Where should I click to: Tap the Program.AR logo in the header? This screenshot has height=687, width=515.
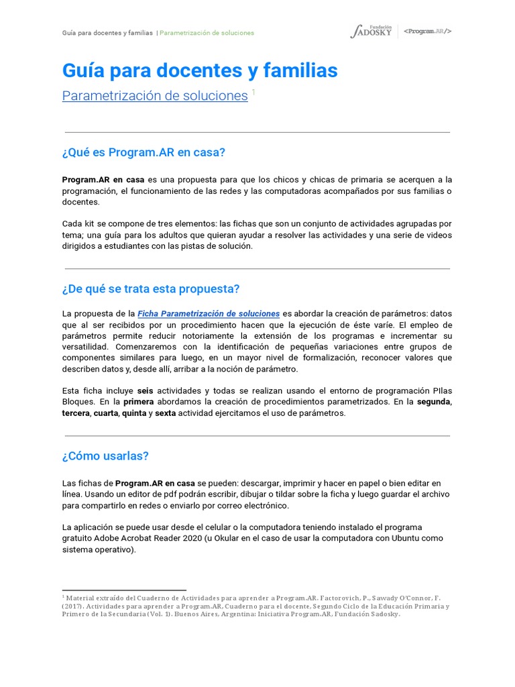tap(428, 32)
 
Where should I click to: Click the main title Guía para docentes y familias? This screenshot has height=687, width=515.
tap(200, 70)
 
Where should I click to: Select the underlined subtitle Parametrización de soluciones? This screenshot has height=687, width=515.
tap(155, 96)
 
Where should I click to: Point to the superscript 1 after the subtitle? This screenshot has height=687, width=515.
tap(253, 92)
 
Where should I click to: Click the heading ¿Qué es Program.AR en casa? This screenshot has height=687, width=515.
tap(144, 152)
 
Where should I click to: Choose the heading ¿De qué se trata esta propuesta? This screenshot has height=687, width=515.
tap(150, 288)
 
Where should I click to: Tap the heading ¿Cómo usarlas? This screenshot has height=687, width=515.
tap(105, 456)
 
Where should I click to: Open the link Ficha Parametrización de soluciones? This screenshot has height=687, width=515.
tap(209, 313)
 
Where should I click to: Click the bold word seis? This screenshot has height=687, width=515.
tap(146, 390)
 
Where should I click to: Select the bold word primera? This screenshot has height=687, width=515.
tap(138, 401)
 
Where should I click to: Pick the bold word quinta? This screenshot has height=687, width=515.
tap(133, 413)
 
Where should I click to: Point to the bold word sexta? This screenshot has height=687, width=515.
tap(166, 413)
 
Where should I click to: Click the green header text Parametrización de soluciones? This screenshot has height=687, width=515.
tap(207, 33)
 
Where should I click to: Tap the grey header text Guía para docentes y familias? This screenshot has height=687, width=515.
tap(107, 33)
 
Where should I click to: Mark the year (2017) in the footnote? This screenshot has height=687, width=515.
tap(73, 605)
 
